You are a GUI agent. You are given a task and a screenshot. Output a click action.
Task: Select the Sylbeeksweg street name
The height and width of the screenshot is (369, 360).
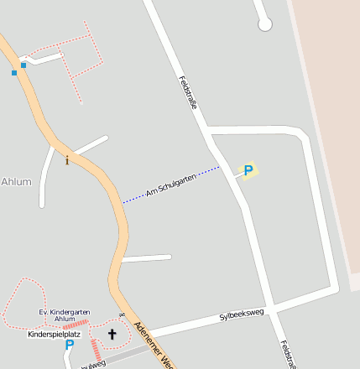tap(242, 315)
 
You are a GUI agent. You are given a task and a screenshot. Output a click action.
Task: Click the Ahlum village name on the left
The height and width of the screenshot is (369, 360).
tap(16, 181)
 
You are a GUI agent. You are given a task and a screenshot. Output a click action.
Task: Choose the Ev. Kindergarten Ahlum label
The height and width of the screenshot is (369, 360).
tap(65, 315)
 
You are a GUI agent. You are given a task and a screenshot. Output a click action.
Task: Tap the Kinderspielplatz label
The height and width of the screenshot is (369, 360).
tap(54, 334)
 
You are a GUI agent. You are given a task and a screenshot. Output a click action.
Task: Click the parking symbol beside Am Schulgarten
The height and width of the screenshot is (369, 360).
tap(248, 170)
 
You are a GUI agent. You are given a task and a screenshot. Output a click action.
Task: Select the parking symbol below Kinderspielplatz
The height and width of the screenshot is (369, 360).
tap(70, 345)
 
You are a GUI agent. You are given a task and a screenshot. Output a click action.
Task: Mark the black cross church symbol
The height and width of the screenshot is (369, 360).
tap(112, 334)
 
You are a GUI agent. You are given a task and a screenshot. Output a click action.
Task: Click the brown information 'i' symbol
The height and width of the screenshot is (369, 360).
tap(67, 160)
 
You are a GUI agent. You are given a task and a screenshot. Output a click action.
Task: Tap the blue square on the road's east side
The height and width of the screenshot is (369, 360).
tap(23, 65)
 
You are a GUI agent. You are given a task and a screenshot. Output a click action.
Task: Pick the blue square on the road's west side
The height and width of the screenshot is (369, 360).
tap(14, 73)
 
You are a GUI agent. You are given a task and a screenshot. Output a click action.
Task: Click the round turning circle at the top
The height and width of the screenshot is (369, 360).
tap(265, 24)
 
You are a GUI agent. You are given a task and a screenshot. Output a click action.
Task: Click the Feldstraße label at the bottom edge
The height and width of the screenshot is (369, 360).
tap(288, 355)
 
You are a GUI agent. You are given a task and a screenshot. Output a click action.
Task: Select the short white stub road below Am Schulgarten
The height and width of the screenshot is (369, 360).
tap(148, 258)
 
